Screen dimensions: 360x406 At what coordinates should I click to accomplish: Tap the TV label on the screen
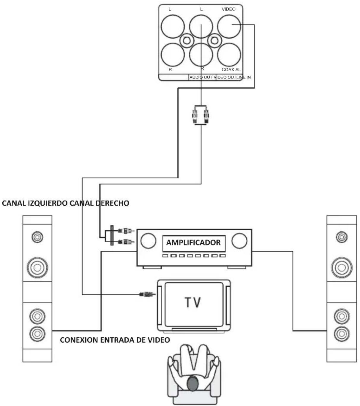pyautogui.click(x=192, y=302)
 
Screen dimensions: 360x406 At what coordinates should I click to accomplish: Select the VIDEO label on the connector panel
pyautogui.click(x=228, y=9)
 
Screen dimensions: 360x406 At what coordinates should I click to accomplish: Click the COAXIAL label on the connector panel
pyautogui.click(x=231, y=69)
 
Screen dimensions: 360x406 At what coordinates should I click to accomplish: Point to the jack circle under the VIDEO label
pyautogui.click(x=229, y=26)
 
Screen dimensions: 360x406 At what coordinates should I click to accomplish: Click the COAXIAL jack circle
pyautogui.click(x=229, y=55)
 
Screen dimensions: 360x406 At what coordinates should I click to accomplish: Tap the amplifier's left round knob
pyautogui.click(x=148, y=241)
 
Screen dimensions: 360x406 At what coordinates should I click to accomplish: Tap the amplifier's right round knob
pyautogui.click(x=239, y=241)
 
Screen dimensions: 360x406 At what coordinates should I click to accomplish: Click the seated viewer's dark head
pyautogui.click(x=192, y=383)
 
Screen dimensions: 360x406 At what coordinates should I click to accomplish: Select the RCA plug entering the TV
pyautogui.click(x=147, y=294)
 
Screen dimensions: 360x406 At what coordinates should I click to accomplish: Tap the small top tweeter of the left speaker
pyautogui.click(x=37, y=237)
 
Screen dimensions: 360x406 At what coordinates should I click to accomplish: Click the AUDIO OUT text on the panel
pyautogui.click(x=201, y=77)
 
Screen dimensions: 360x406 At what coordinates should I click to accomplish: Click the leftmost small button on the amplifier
pyautogui.click(x=165, y=256)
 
